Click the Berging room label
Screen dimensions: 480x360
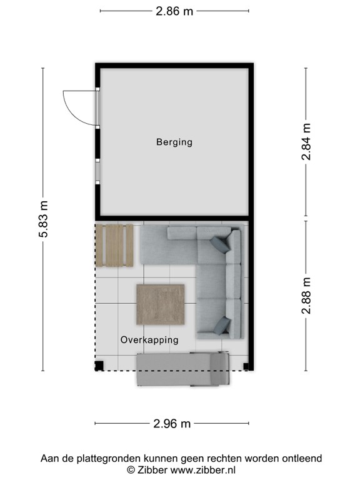point(174,142)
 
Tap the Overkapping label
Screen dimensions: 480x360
point(149,340)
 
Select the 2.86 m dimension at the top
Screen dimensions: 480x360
point(174,11)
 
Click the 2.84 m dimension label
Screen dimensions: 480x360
point(306,142)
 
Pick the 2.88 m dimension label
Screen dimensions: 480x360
point(306,295)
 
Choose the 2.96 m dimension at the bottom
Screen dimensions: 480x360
point(172,424)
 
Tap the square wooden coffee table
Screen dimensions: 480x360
point(161,304)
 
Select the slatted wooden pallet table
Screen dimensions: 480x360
point(116,245)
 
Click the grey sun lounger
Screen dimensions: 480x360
point(181,369)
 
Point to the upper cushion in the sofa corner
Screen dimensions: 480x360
point(219,243)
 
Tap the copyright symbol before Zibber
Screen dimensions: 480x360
point(130,469)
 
